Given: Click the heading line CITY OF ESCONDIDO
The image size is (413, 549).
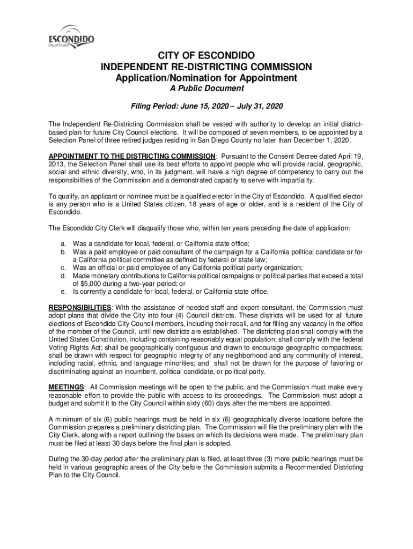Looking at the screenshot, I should pos(206,56).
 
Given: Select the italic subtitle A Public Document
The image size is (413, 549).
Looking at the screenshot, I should pos(206,89).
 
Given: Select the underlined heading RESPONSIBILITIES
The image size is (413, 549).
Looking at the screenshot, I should pos(80,307).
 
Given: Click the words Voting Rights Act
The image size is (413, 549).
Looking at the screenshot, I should pos(72,347).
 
